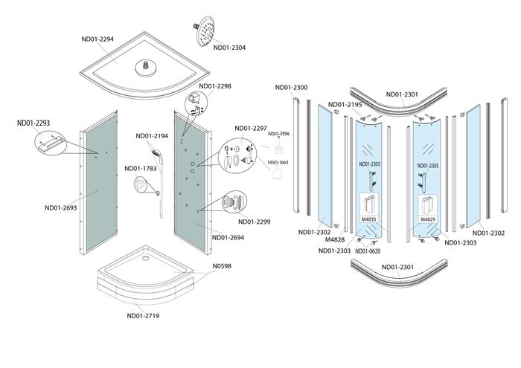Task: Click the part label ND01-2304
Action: click(x=229, y=48)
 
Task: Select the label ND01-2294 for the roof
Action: click(x=98, y=39)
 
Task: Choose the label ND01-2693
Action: click(x=61, y=208)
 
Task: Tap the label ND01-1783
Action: click(x=141, y=168)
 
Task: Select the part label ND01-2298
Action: click(x=214, y=86)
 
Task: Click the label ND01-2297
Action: click(x=251, y=128)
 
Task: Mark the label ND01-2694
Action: click(x=229, y=238)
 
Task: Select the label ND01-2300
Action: click(x=291, y=88)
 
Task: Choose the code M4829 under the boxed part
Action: click(x=427, y=219)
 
